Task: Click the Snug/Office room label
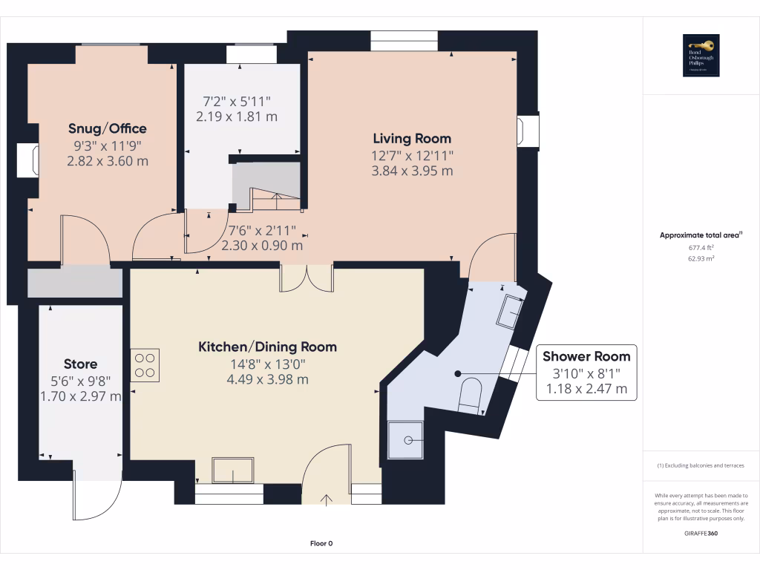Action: pyautogui.click(x=108, y=128)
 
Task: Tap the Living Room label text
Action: pyautogui.click(x=412, y=138)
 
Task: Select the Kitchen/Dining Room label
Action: pyautogui.click(x=267, y=347)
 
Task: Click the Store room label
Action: pyautogui.click(x=80, y=364)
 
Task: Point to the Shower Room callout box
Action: pyautogui.click(x=586, y=373)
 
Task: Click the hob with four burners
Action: pyautogui.click(x=145, y=364)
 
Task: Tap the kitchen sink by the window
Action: pyautogui.click(x=233, y=471)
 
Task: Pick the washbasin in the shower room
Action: pyautogui.click(x=512, y=310)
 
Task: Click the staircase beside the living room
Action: pyautogui.click(x=267, y=189)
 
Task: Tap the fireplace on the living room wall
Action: pyautogui.click(x=528, y=130)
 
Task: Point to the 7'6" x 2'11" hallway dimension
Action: pyautogui.click(x=262, y=237)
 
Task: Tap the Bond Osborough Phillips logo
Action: pyautogui.click(x=701, y=56)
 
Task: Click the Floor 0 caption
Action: pyautogui.click(x=321, y=543)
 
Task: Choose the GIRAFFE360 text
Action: pyautogui.click(x=701, y=533)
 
